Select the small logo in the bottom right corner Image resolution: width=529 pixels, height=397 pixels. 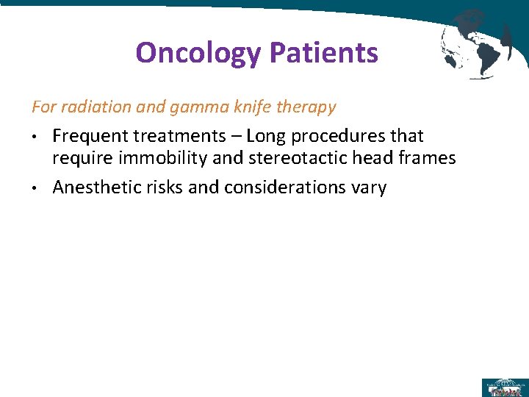point(504,387)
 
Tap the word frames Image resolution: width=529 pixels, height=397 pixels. point(428,158)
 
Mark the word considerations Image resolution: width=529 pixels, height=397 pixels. point(286,187)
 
